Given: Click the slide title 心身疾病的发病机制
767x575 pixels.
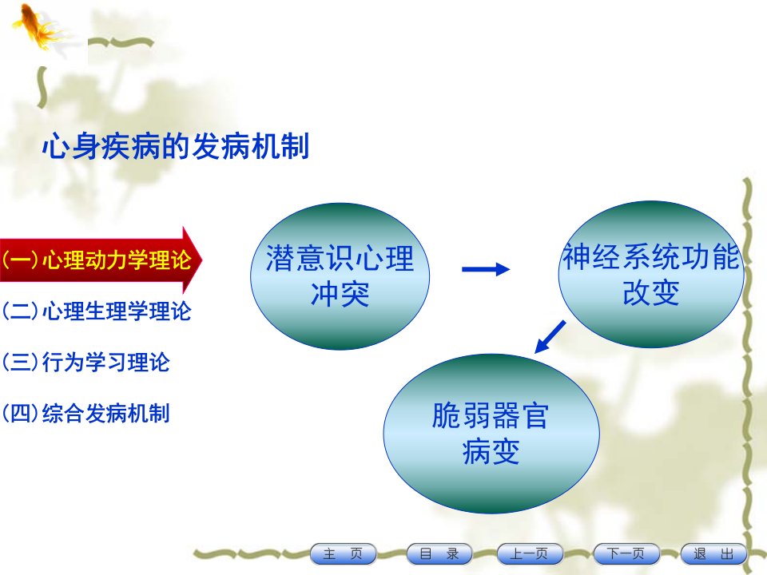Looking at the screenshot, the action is pyautogui.click(x=176, y=146).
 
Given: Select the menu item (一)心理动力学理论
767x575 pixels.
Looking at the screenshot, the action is pyautogui.click(x=97, y=259).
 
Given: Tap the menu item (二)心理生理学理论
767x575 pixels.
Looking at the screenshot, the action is pyautogui.click(x=97, y=311).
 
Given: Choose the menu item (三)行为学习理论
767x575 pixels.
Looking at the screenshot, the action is pyautogui.click(x=85, y=363).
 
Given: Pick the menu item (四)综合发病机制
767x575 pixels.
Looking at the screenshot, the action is pyautogui.click(x=85, y=414).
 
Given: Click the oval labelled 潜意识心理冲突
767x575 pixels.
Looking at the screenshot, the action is pyautogui.click(x=340, y=276).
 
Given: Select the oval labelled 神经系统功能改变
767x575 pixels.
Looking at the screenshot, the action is pyautogui.click(x=651, y=274).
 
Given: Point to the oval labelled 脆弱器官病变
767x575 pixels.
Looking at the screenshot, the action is pyautogui.click(x=491, y=434).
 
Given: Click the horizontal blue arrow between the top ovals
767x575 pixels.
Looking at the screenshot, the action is pyautogui.click(x=486, y=269).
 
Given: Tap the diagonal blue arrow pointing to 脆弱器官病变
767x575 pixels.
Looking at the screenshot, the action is pyautogui.click(x=550, y=336).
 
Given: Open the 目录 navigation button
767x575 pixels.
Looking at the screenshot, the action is pyautogui.click(x=439, y=554).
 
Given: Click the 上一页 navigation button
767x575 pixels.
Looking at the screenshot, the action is pyautogui.click(x=529, y=554).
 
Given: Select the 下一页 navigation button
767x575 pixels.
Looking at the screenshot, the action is pyautogui.click(x=626, y=554).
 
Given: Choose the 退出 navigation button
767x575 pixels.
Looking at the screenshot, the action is pyautogui.click(x=713, y=554).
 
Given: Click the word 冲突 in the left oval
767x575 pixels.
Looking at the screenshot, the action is pyautogui.click(x=340, y=295).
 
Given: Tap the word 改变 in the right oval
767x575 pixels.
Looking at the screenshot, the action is pyautogui.click(x=651, y=293).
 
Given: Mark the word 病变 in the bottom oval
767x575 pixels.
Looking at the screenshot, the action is pyautogui.click(x=491, y=451).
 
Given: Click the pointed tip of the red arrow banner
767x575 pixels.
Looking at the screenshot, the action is pyautogui.click(x=201, y=260).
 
